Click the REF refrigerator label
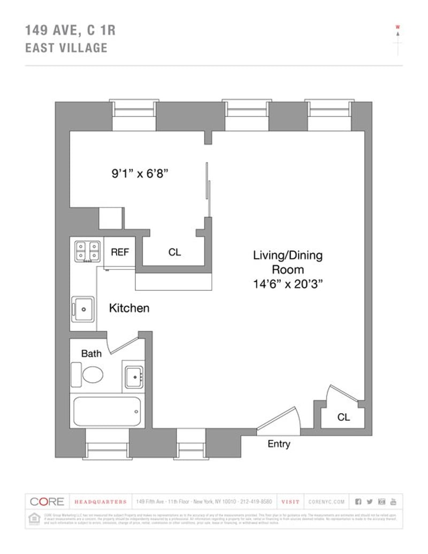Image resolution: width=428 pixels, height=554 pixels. [x=120, y=252]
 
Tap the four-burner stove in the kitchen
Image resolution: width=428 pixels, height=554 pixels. [x=87, y=251]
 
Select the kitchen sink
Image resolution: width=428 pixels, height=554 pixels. [x=83, y=309]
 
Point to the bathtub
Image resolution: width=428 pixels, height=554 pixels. [x=107, y=411]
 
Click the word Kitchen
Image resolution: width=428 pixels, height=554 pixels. [x=129, y=308]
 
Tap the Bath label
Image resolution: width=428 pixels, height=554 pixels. [x=91, y=353]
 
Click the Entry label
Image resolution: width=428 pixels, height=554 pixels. [x=279, y=444]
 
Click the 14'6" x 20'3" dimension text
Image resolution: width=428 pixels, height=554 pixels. [x=287, y=284]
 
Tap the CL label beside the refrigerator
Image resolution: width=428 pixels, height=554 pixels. [x=174, y=252]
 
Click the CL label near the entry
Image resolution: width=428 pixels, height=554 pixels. [x=343, y=417]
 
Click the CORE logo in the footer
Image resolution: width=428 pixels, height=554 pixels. [x=47, y=502]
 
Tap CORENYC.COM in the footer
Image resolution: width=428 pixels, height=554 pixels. [x=327, y=502]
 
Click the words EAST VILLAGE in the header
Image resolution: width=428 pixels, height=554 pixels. [x=66, y=48]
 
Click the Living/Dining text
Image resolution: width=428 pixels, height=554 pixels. [x=287, y=255]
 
